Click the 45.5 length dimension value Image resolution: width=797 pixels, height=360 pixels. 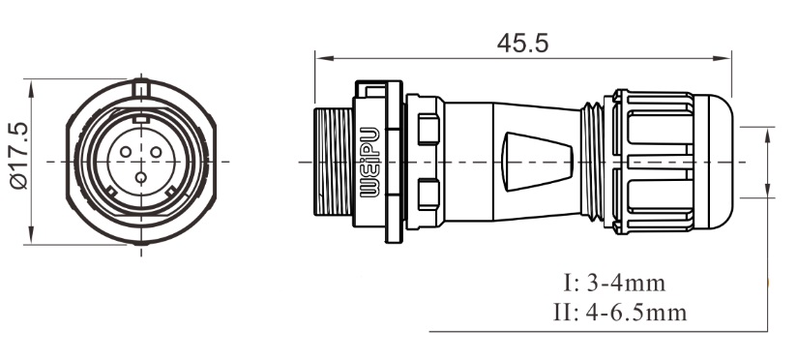[522, 44]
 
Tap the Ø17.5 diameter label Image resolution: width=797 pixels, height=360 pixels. [17, 161]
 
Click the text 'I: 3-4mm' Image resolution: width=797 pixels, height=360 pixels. [613, 285]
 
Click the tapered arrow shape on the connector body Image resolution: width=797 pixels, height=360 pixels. [538, 160]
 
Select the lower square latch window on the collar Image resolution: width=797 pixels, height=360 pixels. [427, 193]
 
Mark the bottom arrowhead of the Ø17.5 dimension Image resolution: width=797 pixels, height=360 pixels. [32, 236]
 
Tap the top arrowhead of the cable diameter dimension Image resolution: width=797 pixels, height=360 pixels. [769, 134]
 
